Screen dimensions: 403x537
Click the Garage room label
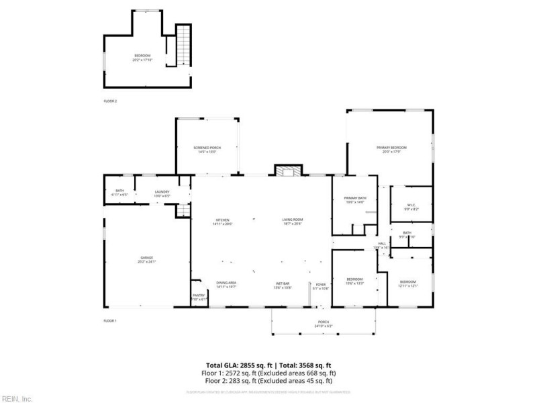click(x=147, y=259)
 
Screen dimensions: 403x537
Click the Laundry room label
click(x=162, y=193)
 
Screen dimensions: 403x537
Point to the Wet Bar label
click(x=282, y=285)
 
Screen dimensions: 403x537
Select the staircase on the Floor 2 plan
click(x=183, y=44)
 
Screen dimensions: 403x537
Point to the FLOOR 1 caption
click(x=110, y=321)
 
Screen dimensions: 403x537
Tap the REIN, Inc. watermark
click(x=17, y=398)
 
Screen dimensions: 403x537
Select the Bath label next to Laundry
click(x=119, y=192)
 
